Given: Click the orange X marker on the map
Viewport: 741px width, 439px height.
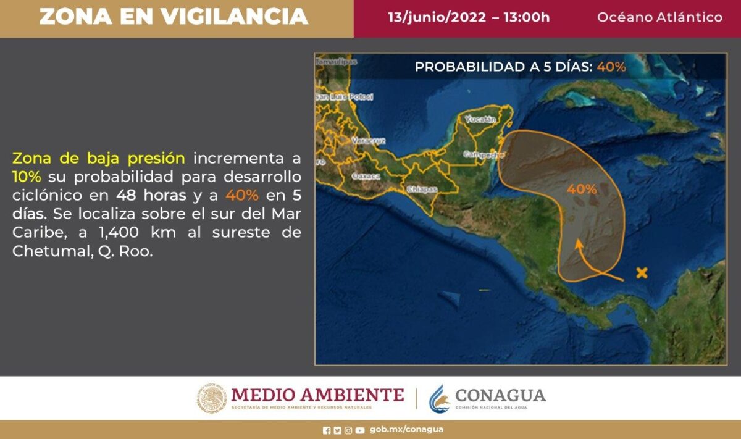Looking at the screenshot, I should pyautogui.click(x=642, y=272).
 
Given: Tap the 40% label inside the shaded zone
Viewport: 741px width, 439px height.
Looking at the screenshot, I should pyautogui.click(x=582, y=190).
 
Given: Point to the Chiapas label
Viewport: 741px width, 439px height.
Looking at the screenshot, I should pyautogui.click(x=422, y=190).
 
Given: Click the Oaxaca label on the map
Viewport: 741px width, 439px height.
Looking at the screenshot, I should pyautogui.click(x=365, y=176).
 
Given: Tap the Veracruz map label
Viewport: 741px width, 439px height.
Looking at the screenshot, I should pyautogui.click(x=368, y=141).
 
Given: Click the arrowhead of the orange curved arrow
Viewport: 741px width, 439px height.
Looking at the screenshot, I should pyautogui.click(x=578, y=243).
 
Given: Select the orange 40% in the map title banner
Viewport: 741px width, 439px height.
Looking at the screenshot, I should pyautogui.click(x=611, y=67).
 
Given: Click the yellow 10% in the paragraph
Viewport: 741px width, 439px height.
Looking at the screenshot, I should pyautogui.click(x=27, y=177).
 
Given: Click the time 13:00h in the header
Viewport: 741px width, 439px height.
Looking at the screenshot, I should pyautogui.click(x=525, y=17).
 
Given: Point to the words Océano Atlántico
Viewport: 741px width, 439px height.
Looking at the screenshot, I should pyautogui.click(x=659, y=17).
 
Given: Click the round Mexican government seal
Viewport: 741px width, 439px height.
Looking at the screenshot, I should pyautogui.click(x=212, y=398).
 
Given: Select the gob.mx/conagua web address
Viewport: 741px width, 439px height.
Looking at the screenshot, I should pyautogui.click(x=406, y=430).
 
